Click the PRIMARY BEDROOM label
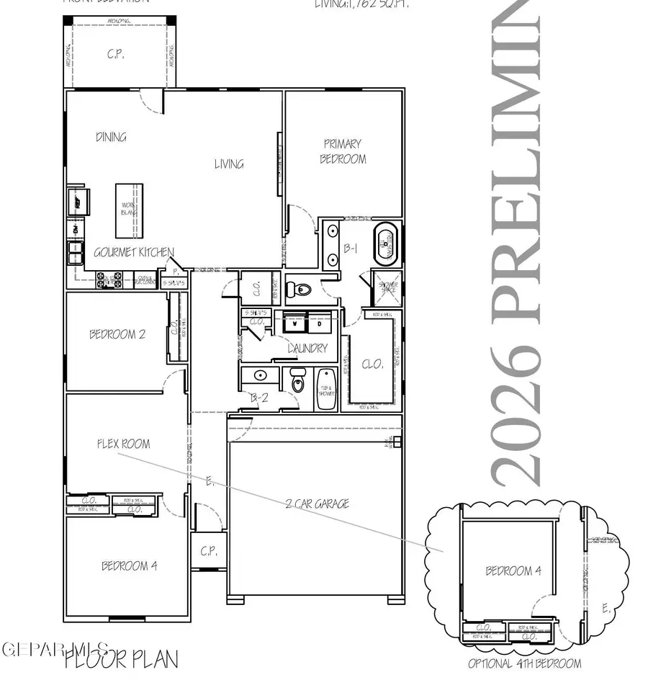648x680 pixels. [x=343, y=152]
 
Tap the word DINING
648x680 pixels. [x=111, y=137]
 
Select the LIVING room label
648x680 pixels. [x=229, y=164]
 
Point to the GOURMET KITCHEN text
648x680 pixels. [x=134, y=252]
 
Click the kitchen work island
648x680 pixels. [x=130, y=210]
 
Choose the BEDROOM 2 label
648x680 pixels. [x=117, y=334]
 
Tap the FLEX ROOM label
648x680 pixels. [x=123, y=444]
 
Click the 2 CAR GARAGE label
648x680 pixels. [x=317, y=504]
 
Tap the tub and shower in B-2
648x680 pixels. [x=326, y=389]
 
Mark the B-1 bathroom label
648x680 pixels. [x=351, y=249]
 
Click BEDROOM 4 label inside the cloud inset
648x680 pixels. [x=513, y=571]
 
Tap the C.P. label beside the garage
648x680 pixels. [x=208, y=552]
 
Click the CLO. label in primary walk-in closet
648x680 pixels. [x=373, y=364]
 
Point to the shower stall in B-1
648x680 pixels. [x=385, y=287]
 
